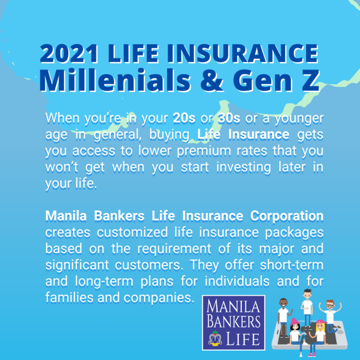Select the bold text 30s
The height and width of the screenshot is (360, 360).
point(229,118)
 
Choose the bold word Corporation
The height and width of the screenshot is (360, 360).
point(287,215)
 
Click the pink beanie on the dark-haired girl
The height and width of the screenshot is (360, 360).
point(295,322)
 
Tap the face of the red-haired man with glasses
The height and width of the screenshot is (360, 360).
point(329,304)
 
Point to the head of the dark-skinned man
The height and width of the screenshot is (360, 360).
point(283,302)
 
